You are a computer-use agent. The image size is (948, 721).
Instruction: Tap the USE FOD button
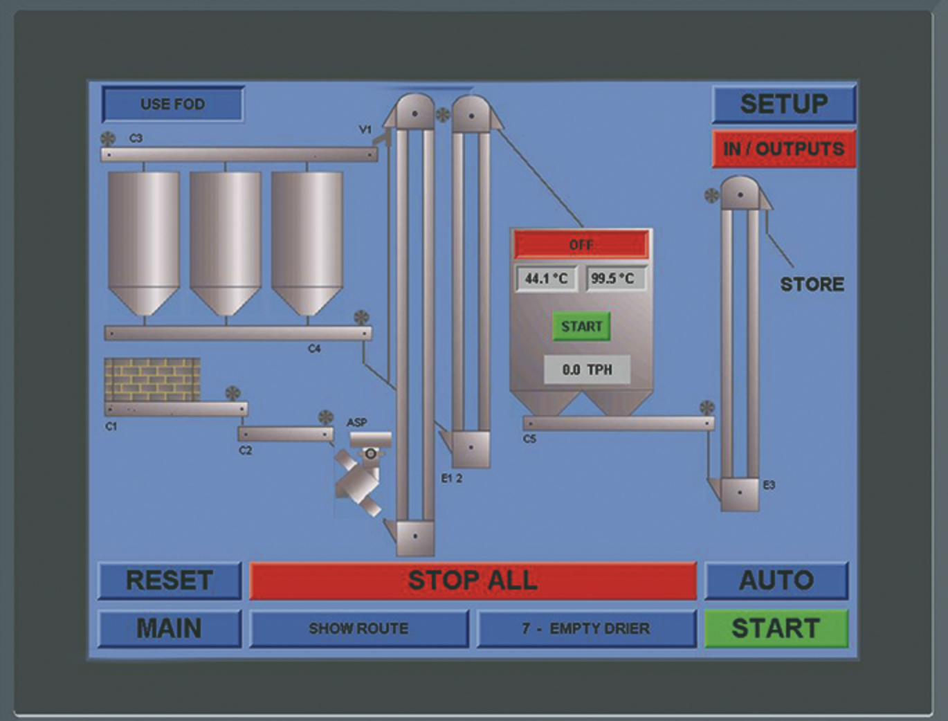tap(173, 104)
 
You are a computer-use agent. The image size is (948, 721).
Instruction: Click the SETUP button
tap(783, 104)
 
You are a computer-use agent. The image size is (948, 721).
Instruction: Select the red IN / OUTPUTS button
tap(783, 149)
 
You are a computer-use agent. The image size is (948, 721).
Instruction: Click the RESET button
tap(170, 581)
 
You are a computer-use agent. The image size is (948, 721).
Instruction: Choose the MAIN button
tap(170, 628)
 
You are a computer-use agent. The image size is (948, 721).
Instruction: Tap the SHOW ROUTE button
tap(358, 628)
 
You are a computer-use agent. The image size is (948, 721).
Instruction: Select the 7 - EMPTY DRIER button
tap(586, 628)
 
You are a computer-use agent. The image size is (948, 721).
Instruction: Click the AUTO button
tap(776, 581)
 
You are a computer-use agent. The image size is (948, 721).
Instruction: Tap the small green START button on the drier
tap(581, 327)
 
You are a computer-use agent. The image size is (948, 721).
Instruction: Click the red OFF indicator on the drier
tap(581, 245)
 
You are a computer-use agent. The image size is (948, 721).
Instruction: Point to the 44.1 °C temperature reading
tap(546, 278)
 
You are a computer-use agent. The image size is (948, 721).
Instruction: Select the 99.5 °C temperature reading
tap(612, 278)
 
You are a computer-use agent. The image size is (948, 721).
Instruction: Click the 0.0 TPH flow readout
tap(587, 369)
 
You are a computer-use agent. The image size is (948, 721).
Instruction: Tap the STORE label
tap(812, 284)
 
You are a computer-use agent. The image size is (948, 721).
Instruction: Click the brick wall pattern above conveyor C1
tap(152, 378)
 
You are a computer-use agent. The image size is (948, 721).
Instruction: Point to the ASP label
tap(356, 422)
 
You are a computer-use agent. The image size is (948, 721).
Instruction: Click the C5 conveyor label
tap(529, 439)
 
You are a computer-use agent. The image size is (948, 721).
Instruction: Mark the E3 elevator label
tap(769, 485)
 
